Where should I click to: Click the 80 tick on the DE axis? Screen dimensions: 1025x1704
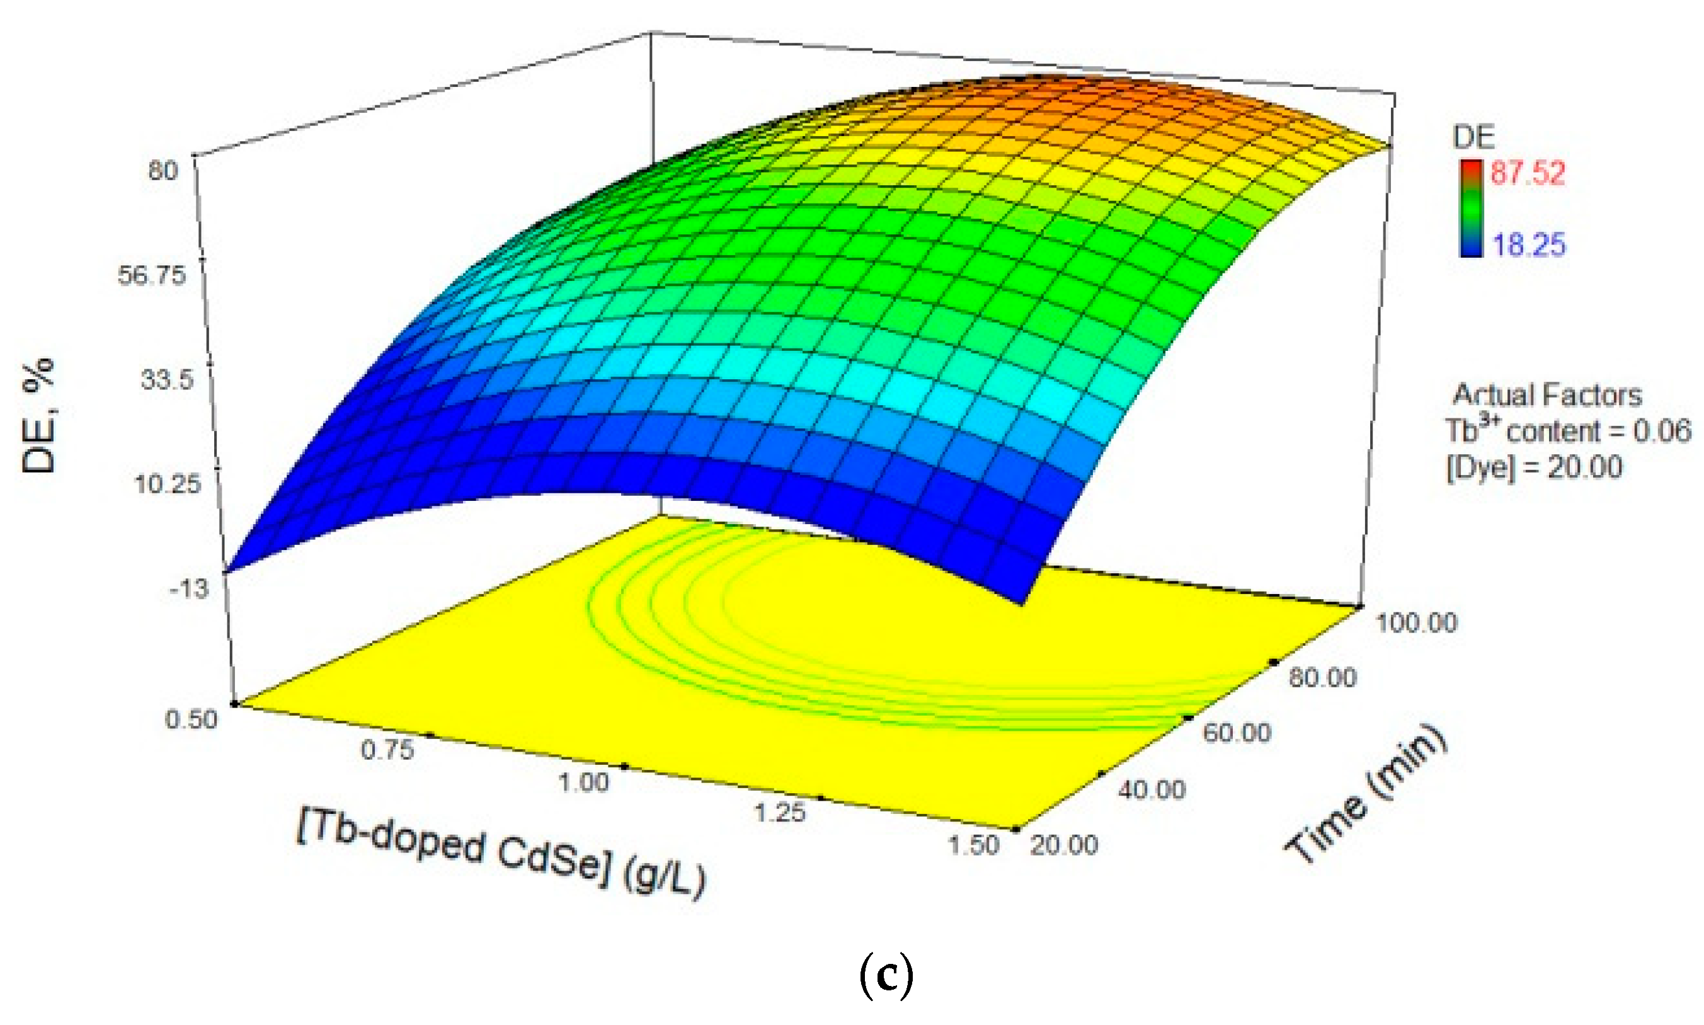(163, 170)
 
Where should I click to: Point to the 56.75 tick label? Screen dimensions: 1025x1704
(152, 275)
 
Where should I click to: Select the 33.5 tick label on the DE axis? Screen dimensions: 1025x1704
(167, 380)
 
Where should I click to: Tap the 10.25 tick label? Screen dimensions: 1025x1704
(168, 484)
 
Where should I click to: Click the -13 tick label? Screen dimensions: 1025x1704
(188, 588)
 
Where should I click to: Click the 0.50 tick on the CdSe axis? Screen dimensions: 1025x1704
(192, 719)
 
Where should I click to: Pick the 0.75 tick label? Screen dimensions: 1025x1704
(387, 750)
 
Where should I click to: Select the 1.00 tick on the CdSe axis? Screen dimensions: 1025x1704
(584, 782)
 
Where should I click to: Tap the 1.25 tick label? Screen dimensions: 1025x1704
(779, 813)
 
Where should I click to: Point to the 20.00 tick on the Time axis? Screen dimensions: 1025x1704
(1063, 845)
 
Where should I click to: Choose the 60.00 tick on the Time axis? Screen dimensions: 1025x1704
(1237, 733)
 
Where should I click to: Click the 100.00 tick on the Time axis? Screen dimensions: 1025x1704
(1416, 623)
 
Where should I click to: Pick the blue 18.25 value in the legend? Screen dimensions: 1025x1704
(1529, 244)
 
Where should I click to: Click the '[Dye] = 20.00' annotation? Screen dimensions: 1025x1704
(1533, 467)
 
